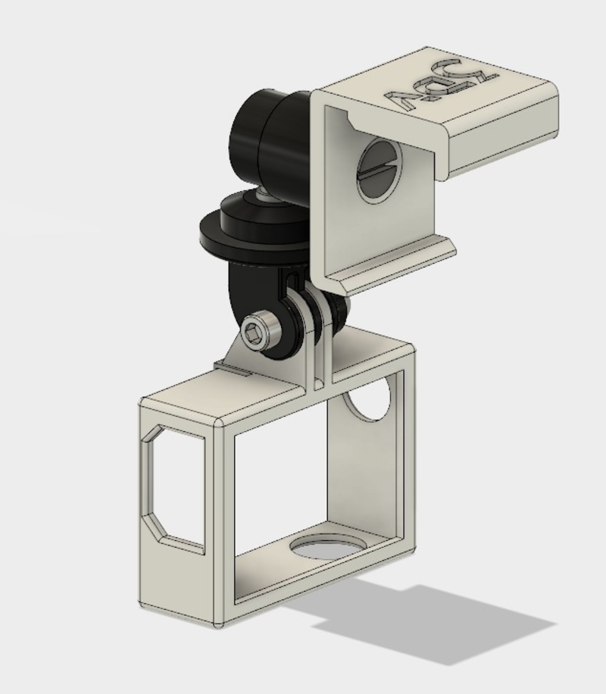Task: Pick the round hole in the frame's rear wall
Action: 370,401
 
